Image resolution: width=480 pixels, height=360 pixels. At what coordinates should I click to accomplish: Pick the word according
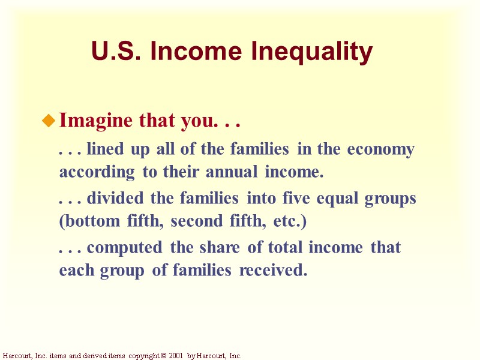(x=97, y=173)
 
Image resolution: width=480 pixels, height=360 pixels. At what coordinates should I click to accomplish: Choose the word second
(x=193, y=221)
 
